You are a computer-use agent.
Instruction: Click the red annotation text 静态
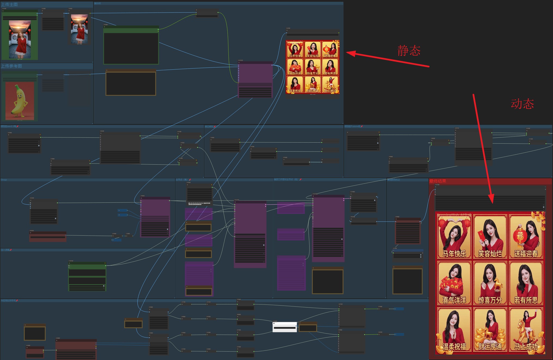click(x=409, y=51)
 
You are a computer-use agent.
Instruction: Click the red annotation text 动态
click(x=522, y=104)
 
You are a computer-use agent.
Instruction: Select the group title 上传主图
click(x=10, y=5)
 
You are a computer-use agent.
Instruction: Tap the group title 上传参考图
click(x=11, y=66)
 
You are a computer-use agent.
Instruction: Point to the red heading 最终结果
click(x=438, y=181)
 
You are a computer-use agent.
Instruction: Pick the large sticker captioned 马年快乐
click(x=454, y=236)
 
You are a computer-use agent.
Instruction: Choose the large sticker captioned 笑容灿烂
click(x=490, y=236)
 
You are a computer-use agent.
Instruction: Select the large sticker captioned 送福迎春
click(x=525, y=236)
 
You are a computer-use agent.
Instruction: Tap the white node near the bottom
click(x=285, y=327)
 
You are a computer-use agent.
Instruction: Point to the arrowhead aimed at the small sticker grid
click(x=350, y=53)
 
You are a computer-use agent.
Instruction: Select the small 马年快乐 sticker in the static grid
click(x=295, y=49)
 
